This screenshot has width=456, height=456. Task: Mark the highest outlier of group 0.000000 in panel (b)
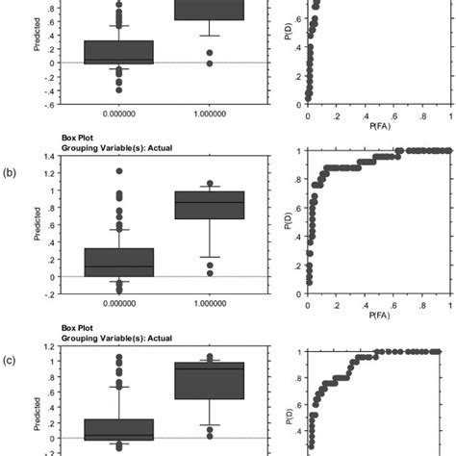119,171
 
